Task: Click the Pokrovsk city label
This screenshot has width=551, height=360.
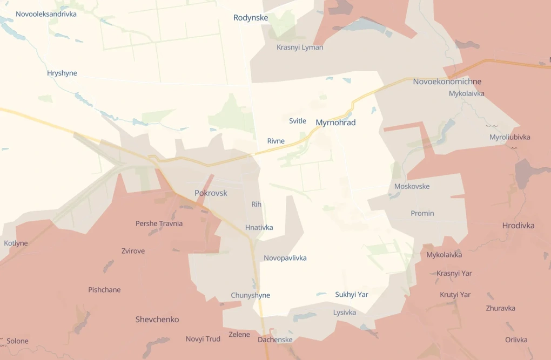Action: click(x=211, y=193)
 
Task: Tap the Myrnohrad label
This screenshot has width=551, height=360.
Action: click(x=335, y=123)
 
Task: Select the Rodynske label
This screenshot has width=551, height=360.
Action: click(x=251, y=18)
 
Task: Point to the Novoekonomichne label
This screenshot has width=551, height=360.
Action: click(x=447, y=81)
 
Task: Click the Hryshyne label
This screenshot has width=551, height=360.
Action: click(x=62, y=73)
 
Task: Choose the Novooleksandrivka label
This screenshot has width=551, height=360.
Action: click(x=46, y=14)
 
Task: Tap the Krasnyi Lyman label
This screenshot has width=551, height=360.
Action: click(x=300, y=47)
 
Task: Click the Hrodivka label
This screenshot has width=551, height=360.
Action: click(x=518, y=226)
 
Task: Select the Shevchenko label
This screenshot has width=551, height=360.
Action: click(x=157, y=320)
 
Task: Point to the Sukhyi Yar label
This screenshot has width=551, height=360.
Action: click(x=352, y=295)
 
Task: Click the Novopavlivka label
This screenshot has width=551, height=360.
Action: click(x=285, y=258)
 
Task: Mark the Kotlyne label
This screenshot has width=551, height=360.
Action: click(x=16, y=243)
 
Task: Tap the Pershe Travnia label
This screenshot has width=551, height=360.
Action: click(x=159, y=223)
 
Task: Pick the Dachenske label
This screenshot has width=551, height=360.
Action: click(x=275, y=339)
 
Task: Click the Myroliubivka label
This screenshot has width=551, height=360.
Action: click(x=509, y=137)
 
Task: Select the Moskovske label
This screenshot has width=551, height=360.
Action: click(x=412, y=187)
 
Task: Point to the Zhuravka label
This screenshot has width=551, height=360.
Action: click(x=500, y=309)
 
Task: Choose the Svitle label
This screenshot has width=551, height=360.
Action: click(x=298, y=121)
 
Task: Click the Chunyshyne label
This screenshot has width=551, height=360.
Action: click(x=250, y=295)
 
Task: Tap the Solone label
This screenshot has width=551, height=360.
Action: click(x=17, y=341)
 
